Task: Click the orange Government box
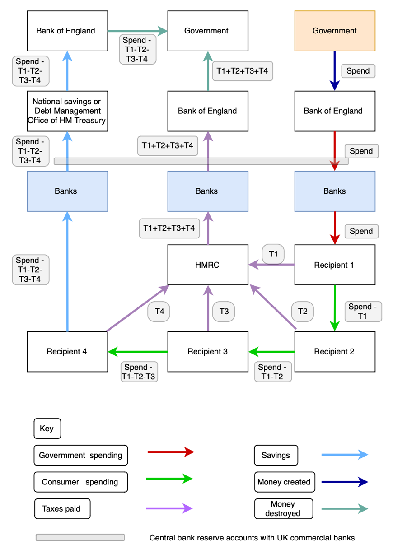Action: tap(335, 31)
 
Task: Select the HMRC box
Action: tap(208, 265)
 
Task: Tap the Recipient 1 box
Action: tap(335, 265)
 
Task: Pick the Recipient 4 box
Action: tap(67, 351)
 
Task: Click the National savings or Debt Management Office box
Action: tap(67, 111)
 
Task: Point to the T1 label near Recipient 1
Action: tap(273, 254)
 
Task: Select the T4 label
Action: tap(159, 312)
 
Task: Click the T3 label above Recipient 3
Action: tap(224, 312)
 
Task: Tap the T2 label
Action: tap(303, 312)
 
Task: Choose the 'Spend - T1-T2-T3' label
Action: tap(139, 372)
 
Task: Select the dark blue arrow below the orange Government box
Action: tap(335, 70)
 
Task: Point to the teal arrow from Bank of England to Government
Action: tap(137, 31)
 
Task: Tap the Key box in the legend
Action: tap(47, 429)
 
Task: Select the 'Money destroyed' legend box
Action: tap(283, 509)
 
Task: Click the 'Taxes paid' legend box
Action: tap(62, 509)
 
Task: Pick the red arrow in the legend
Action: tap(171, 452)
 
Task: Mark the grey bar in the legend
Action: tap(80, 537)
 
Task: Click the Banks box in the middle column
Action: tap(208, 191)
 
